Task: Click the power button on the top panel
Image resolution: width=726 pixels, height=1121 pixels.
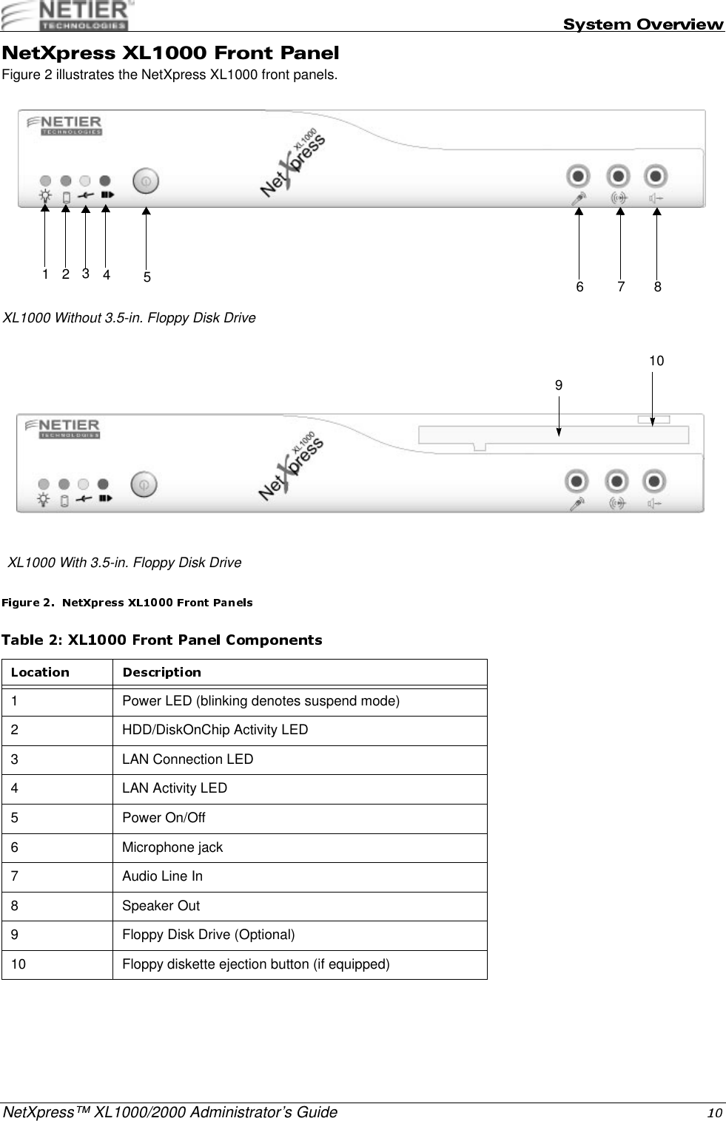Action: [146, 180]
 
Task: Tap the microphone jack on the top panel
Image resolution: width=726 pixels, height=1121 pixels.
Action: [578, 177]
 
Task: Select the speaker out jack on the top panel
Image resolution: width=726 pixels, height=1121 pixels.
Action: [656, 177]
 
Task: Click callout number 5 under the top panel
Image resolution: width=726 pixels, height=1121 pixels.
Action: [147, 278]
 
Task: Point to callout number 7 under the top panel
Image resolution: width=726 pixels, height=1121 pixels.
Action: [620, 286]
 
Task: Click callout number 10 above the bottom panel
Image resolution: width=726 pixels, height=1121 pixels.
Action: [656, 361]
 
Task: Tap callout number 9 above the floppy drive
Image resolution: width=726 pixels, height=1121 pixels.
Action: [559, 385]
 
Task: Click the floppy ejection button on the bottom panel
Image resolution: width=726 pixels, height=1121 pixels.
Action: [653, 420]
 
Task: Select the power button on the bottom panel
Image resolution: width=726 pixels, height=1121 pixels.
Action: [144, 484]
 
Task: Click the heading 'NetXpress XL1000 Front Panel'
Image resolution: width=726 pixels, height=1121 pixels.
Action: [171, 53]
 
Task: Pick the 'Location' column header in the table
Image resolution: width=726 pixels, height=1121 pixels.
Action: [40, 672]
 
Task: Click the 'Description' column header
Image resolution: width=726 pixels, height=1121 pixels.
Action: [161, 672]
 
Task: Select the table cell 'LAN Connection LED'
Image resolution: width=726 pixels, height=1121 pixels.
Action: [188, 759]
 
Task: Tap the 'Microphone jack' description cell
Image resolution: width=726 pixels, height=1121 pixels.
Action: [172, 847]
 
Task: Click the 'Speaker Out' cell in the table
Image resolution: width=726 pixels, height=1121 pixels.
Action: [161, 906]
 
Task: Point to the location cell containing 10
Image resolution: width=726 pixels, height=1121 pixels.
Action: [19, 964]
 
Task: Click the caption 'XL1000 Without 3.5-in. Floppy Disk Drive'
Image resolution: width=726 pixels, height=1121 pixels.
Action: [130, 318]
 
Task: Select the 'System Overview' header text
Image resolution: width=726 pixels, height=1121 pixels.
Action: [643, 24]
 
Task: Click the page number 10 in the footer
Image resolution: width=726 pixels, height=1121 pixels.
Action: [714, 1113]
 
